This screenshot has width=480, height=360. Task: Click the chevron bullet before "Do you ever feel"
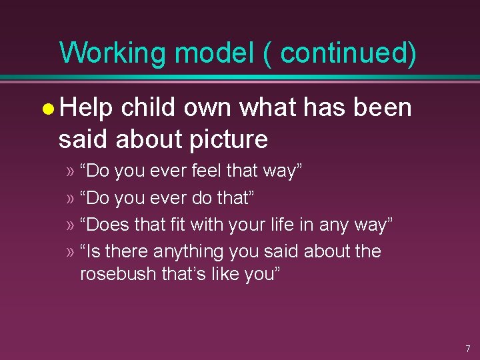[x=70, y=171]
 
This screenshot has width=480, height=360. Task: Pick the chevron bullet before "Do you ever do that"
[x=70, y=198]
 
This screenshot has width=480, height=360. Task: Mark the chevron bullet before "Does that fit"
[x=70, y=225]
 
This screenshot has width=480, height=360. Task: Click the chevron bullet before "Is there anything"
[x=70, y=252]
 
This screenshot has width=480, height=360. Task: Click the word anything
[x=188, y=252]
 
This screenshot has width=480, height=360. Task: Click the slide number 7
[x=467, y=349]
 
